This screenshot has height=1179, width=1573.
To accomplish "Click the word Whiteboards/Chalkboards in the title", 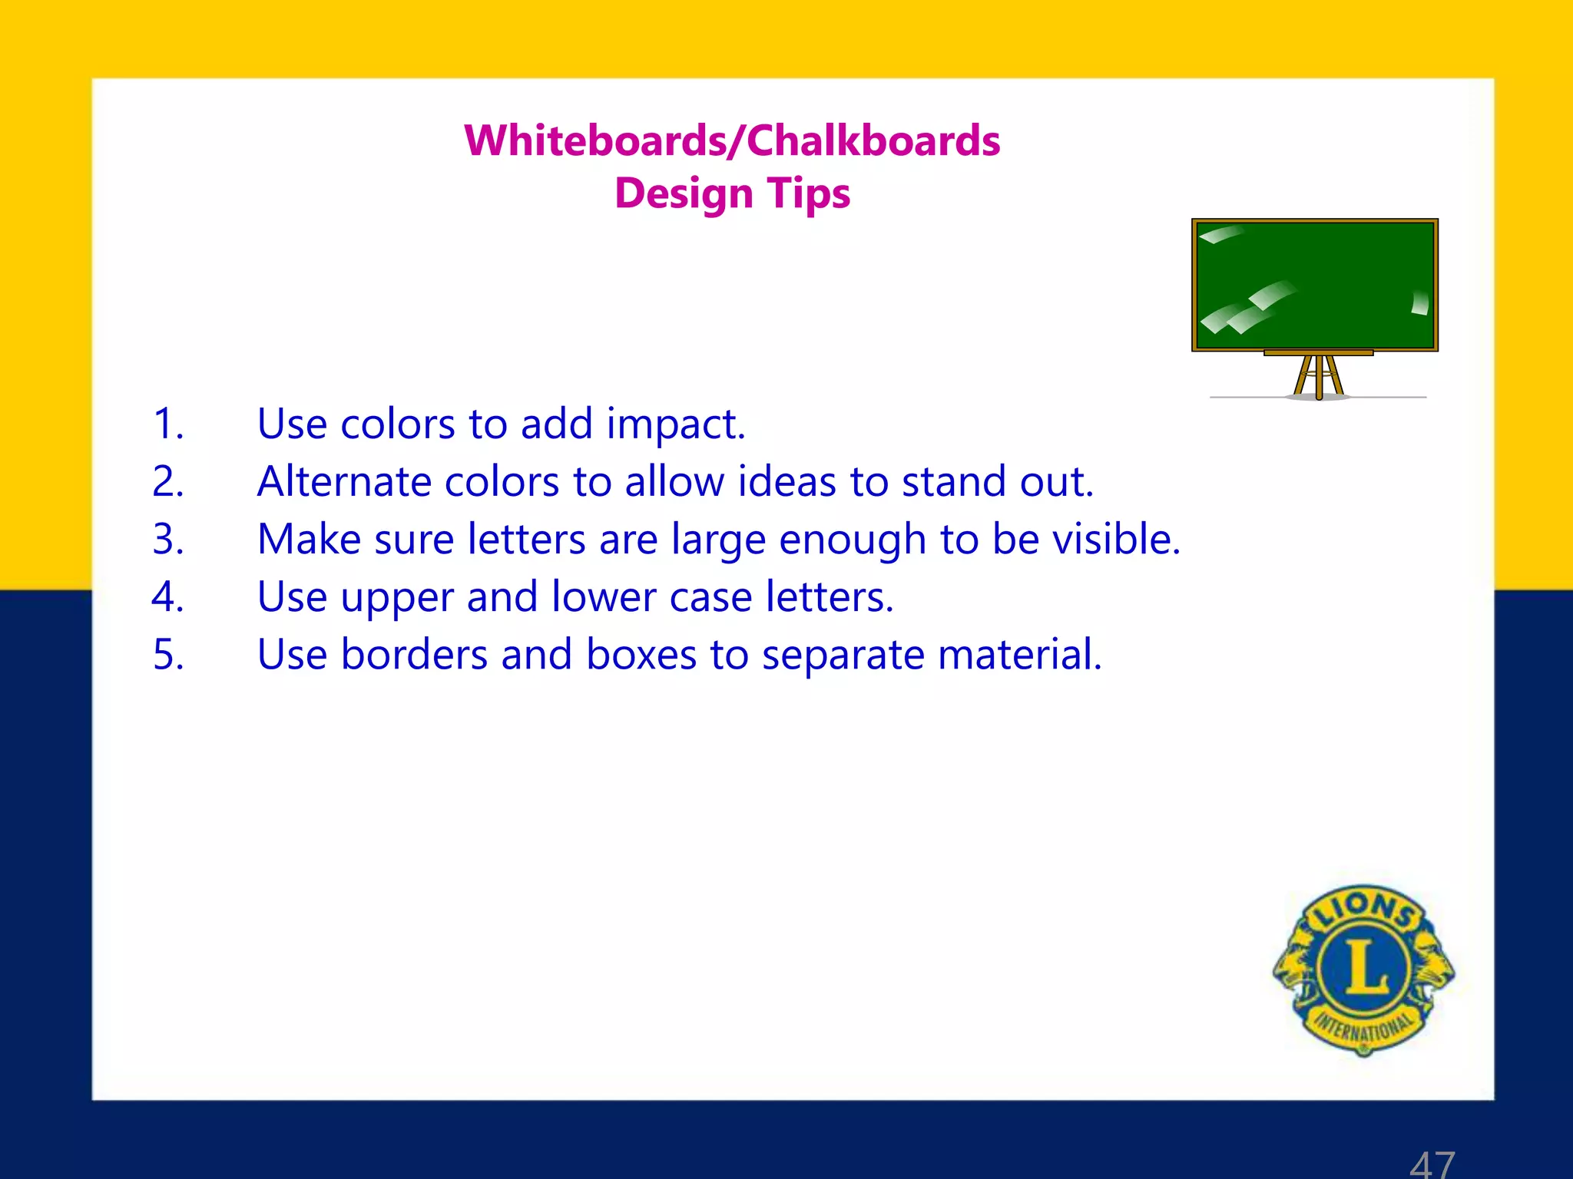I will point(732,141).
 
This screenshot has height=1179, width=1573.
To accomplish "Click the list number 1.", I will point(168,424).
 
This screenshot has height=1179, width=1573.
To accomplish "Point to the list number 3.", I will point(168,539).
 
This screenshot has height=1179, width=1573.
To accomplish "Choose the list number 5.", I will point(168,655).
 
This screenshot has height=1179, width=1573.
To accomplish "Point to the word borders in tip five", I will point(414,655).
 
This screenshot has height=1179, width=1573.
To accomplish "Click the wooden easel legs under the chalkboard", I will point(1319,376).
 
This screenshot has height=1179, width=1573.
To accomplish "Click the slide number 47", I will point(1432,1164).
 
